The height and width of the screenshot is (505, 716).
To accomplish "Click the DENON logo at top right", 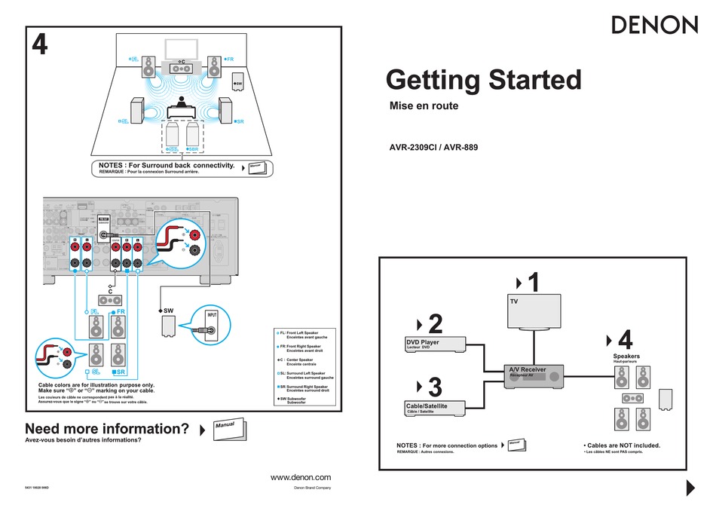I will [653, 25].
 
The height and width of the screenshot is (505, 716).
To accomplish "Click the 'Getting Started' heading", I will [483, 80].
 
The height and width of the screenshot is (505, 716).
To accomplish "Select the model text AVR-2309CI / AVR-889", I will [433, 148].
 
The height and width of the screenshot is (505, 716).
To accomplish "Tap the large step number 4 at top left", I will [39, 47].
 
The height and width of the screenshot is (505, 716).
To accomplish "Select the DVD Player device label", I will [423, 343].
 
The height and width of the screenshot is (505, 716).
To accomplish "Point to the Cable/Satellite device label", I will [427, 406].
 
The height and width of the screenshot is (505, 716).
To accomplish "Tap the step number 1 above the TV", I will [534, 283].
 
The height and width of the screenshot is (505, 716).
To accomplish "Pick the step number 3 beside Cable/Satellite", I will [435, 388].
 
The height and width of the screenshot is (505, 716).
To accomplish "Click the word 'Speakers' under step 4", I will [626, 357].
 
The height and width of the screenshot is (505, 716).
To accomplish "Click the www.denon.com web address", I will [300, 478].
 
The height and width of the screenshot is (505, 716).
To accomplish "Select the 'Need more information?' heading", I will [106, 429].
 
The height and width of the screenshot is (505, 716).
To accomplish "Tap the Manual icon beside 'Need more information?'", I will [228, 428].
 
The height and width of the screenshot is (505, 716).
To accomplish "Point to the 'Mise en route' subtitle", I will [423, 106].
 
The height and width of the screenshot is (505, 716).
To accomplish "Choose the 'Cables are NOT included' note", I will [622, 445].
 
